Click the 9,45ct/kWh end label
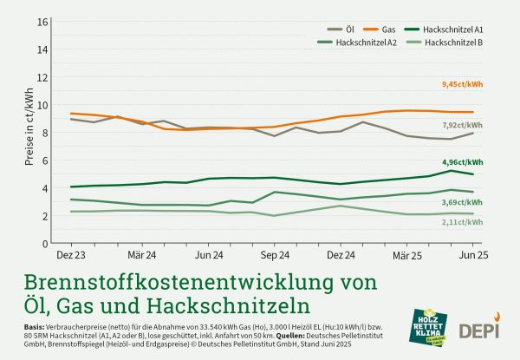462,84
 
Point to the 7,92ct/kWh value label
462,125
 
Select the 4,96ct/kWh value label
462,161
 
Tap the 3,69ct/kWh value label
462,202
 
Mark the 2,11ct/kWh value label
462,222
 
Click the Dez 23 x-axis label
71,256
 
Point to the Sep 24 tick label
275,256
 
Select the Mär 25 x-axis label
410,256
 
